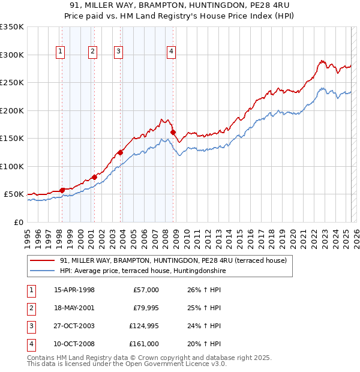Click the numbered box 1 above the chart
(x=61, y=52)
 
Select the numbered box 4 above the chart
(x=171, y=52)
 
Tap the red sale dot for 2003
(x=120, y=152)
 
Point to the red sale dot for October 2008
(x=173, y=132)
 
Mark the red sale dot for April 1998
(x=62, y=190)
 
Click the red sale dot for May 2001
(x=94, y=177)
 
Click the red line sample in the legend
(x=42, y=260)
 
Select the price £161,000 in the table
(x=143, y=344)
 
